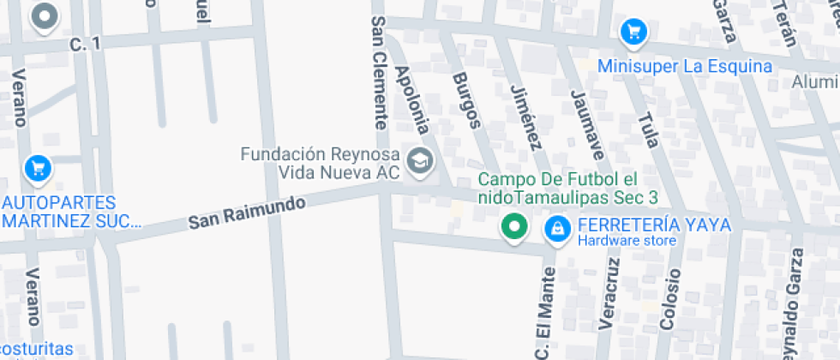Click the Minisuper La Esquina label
(684, 66)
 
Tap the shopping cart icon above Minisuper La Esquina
(633, 32)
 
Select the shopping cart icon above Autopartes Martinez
(37, 167)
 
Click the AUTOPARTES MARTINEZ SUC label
(71, 212)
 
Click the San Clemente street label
(379, 73)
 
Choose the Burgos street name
(466, 100)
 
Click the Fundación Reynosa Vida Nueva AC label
(321, 163)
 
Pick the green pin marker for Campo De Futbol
(514, 226)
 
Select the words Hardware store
(626, 241)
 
